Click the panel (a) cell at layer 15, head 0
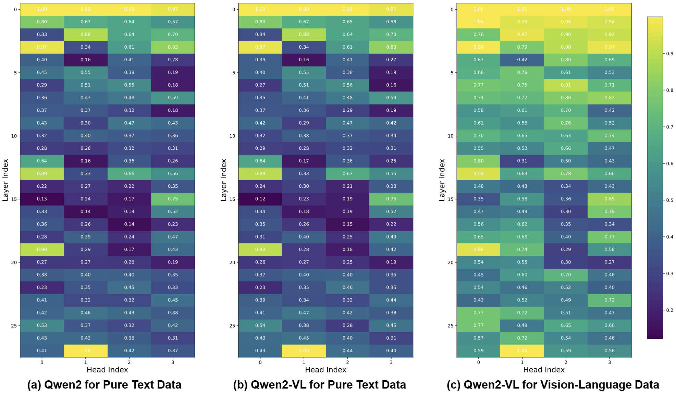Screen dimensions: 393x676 coord(42,199)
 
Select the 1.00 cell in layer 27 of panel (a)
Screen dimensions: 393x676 coord(86,351)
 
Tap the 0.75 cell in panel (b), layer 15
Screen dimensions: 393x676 coord(391,199)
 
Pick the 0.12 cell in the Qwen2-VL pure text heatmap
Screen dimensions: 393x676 coord(260,199)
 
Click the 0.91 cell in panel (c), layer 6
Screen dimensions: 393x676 coord(566,85)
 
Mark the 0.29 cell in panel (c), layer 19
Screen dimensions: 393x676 coord(566,250)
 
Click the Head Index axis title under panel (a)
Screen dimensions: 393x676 coord(107,370)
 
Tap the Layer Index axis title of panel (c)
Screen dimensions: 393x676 coord(442,180)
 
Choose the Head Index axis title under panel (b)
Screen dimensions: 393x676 coord(325,370)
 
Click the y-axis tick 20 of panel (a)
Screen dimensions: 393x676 coord(14,262)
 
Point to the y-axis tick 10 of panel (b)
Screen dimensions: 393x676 coord(232,136)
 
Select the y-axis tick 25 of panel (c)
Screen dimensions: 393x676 coord(451,326)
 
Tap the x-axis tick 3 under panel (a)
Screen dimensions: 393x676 coord(173,363)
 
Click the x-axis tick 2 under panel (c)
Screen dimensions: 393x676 coord(566,363)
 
